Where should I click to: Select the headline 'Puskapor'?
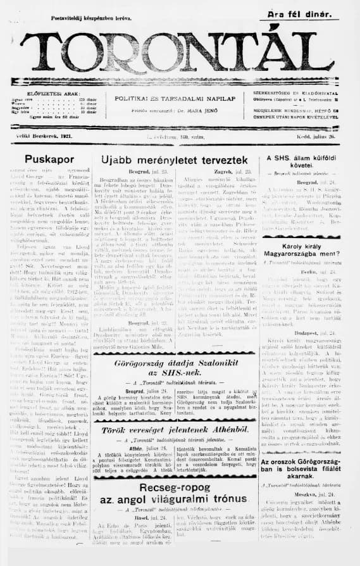pos(51,158)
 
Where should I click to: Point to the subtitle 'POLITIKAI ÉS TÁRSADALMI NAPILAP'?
pos(175,98)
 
